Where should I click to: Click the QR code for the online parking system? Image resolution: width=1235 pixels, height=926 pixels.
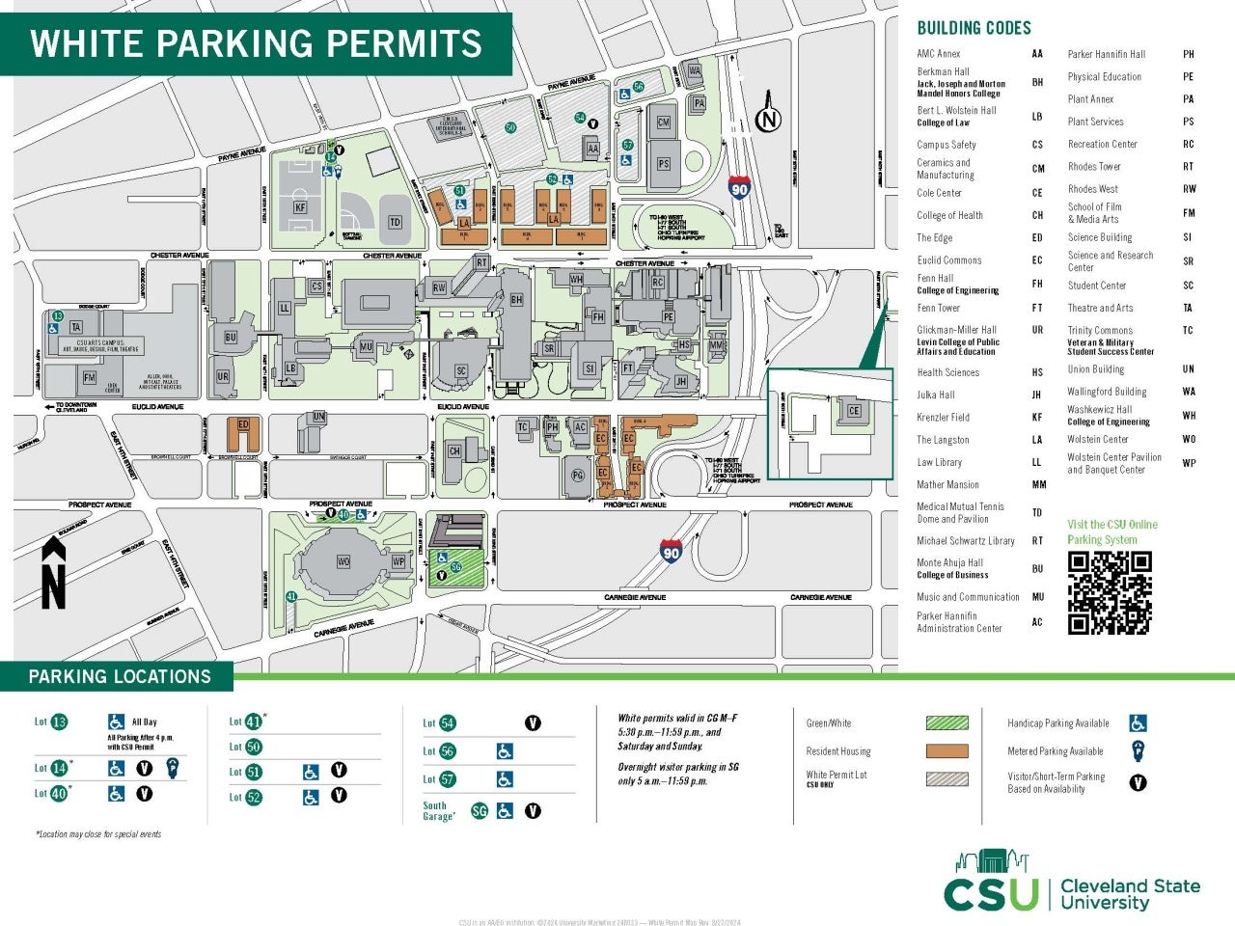point(1110,592)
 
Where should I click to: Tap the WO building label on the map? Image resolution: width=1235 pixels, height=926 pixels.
point(343,560)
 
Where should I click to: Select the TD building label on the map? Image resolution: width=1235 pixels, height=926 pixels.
point(395,222)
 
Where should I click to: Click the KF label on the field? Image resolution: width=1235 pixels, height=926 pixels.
point(300,207)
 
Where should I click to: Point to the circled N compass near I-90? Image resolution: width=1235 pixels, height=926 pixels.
point(768,121)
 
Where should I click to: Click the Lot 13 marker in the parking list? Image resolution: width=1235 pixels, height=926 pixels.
point(59,722)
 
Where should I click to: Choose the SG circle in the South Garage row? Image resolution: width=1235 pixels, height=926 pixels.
point(480,811)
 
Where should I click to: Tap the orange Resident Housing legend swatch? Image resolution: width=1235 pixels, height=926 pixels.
point(947,751)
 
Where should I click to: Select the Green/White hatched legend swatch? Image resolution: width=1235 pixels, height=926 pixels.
point(947,722)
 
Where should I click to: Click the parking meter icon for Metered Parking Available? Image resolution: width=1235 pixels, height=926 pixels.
point(1139,751)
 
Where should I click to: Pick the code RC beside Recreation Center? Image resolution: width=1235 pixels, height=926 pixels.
point(1189,145)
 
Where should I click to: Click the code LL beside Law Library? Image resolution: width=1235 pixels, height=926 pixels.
point(1037,463)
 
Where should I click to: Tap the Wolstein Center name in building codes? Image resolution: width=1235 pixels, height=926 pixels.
point(1098,439)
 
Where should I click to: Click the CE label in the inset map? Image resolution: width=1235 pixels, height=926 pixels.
point(853,411)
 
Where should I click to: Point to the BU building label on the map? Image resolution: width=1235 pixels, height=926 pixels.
point(231,338)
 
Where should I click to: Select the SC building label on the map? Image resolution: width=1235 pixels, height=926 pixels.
point(461,370)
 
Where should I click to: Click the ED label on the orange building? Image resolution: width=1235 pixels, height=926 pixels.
point(243,424)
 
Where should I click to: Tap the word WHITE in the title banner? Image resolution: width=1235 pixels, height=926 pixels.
point(87,44)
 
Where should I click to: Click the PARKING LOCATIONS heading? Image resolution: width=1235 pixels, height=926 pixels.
point(120,676)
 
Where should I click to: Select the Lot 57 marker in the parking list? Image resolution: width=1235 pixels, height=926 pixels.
point(446,779)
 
